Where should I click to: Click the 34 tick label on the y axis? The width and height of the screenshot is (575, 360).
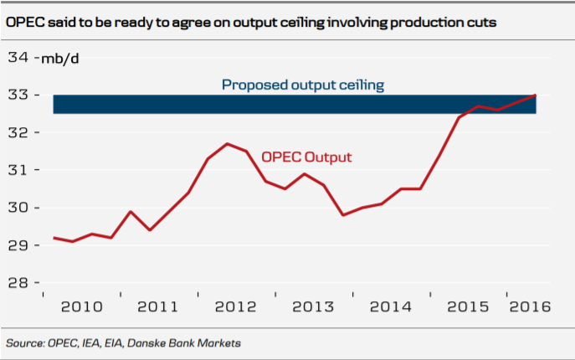click(18, 58)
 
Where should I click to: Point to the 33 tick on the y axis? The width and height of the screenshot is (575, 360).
click(18, 95)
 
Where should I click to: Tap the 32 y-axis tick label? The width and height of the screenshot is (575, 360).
click(18, 133)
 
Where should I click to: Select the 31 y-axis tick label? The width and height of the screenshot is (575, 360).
click(18, 170)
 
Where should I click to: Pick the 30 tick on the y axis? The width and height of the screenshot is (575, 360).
click(18, 208)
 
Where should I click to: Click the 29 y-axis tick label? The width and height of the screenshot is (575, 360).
click(18, 245)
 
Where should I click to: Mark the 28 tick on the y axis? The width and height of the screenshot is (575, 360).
click(18, 283)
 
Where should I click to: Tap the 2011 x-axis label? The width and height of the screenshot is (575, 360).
click(157, 306)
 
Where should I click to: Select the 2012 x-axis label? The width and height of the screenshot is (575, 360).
click(235, 306)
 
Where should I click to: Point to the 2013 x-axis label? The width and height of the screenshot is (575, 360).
click(312, 306)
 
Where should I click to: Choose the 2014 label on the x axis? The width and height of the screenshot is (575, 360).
click(389, 306)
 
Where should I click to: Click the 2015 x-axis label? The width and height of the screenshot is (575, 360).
click(467, 306)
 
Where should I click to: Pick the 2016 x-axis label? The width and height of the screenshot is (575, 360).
click(530, 306)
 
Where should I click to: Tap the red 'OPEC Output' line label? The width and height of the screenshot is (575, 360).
click(306, 157)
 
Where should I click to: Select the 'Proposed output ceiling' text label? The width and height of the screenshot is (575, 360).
click(302, 85)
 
